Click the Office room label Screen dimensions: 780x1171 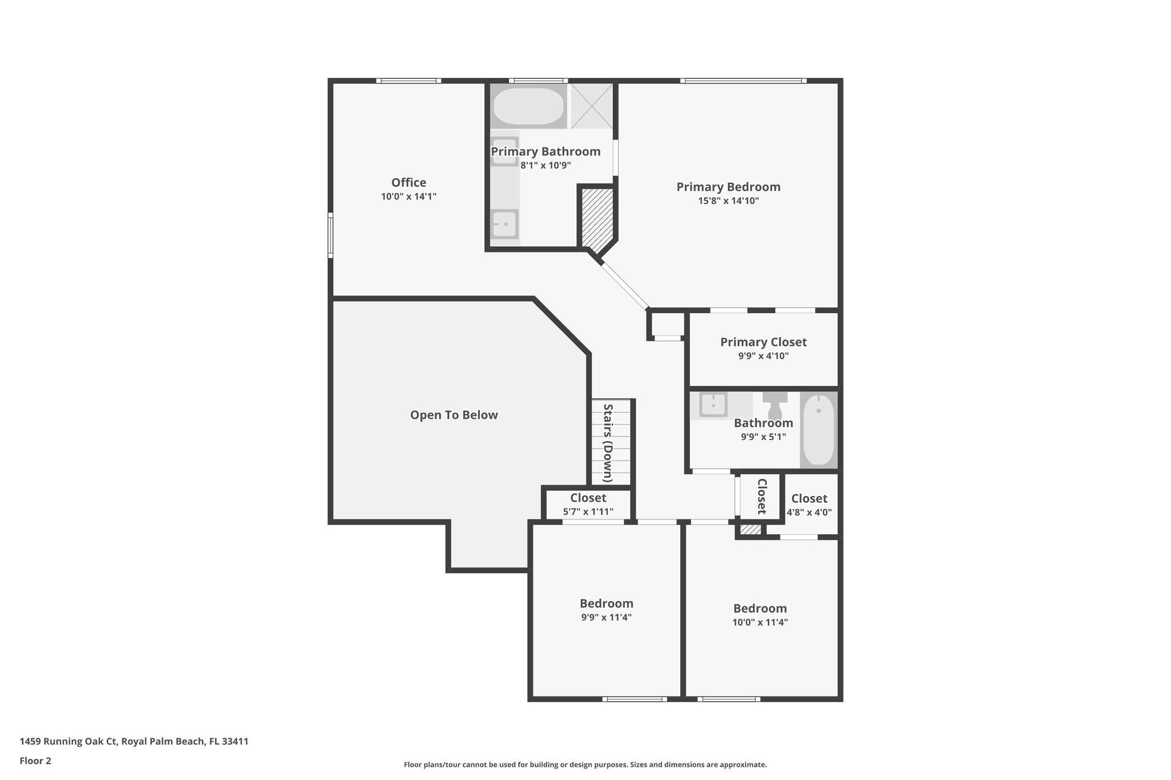pyautogui.click(x=408, y=182)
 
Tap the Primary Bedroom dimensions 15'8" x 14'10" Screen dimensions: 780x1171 pyautogui.click(x=728, y=201)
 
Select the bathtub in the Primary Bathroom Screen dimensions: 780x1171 pyautogui.click(x=528, y=106)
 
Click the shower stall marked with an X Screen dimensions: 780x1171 pyautogui.click(x=591, y=106)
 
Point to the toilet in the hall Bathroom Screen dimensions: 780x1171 pyautogui.click(x=775, y=405)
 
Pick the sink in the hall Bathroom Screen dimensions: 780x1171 pyautogui.click(x=713, y=405)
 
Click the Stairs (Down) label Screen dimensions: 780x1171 pyautogui.click(x=608, y=443)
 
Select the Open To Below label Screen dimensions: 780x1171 pyautogui.click(x=454, y=415)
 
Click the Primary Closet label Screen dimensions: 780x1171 pyautogui.click(x=763, y=342)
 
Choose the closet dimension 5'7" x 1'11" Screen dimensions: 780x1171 pyautogui.click(x=588, y=511)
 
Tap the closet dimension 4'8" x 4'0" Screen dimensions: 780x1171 pyautogui.click(x=809, y=512)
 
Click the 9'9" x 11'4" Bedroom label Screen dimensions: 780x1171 pyautogui.click(x=606, y=603)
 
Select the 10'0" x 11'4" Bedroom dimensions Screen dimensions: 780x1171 pyautogui.click(x=760, y=622)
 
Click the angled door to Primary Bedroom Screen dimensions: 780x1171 pyautogui.click(x=625, y=285)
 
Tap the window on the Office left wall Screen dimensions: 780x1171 pyautogui.click(x=330, y=235)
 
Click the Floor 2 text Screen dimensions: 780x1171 pyautogui.click(x=35, y=761)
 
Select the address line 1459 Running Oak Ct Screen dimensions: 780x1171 pyautogui.click(x=134, y=741)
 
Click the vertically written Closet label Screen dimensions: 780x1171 pyautogui.click(x=762, y=496)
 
